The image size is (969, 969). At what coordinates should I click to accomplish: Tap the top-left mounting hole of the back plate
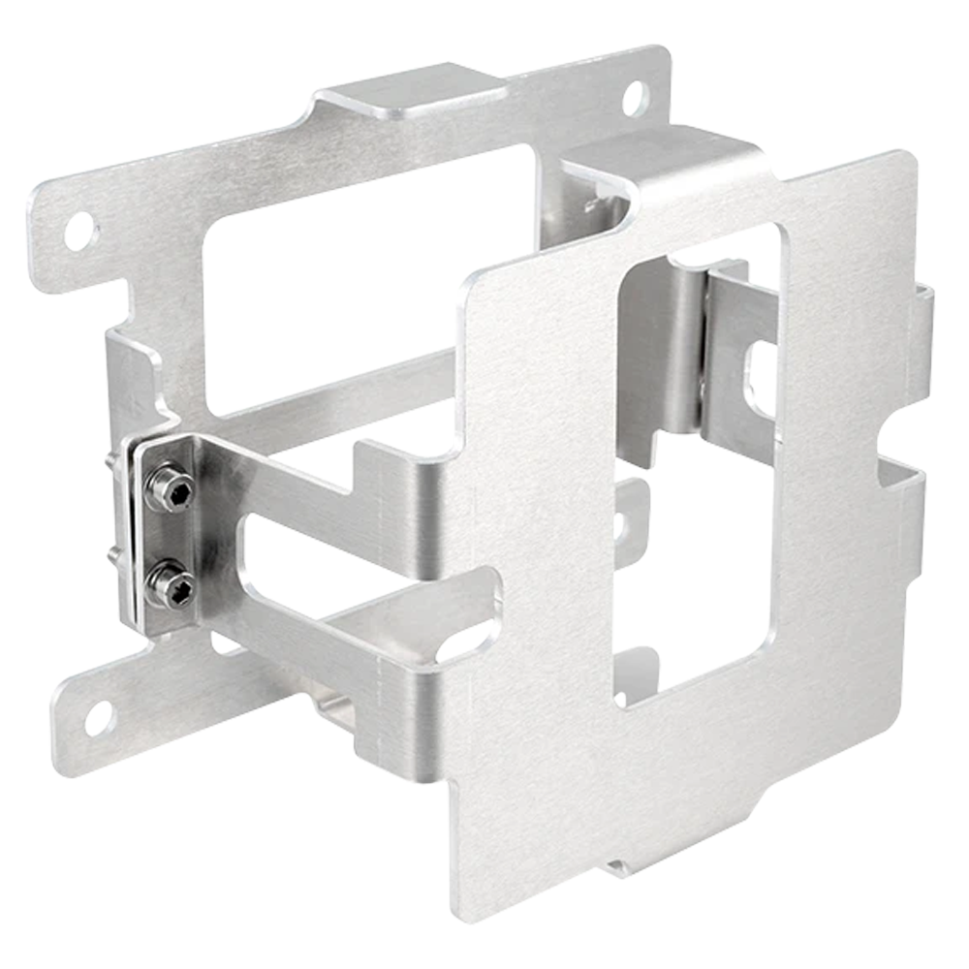coord(80,230)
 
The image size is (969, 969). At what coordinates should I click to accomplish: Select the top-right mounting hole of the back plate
coord(633,96)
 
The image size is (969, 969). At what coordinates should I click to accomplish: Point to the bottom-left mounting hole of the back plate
coord(98,718)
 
